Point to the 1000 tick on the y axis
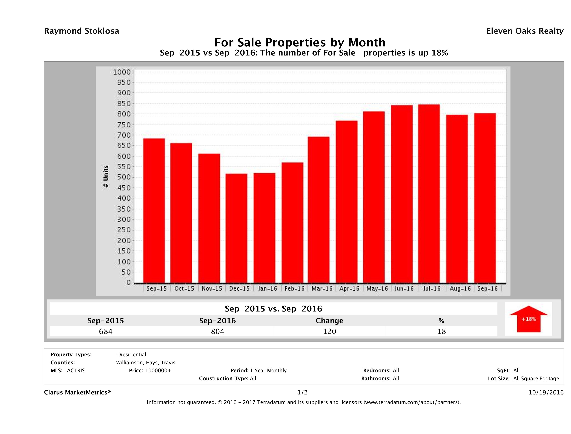(x=122, y=72)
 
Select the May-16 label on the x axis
(x=377, y=288)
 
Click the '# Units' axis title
(x=106, y=177)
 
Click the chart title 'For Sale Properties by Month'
(x=300, y=42)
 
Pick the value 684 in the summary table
(x=106, y=331)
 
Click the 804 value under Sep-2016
(x=217, y=331)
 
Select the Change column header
(x=329, y=321)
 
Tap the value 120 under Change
(x=329, y=331)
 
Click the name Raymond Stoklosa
(x=82, y=31)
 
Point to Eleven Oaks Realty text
(x=524, y=31)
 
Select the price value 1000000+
(x=158, y=370)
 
